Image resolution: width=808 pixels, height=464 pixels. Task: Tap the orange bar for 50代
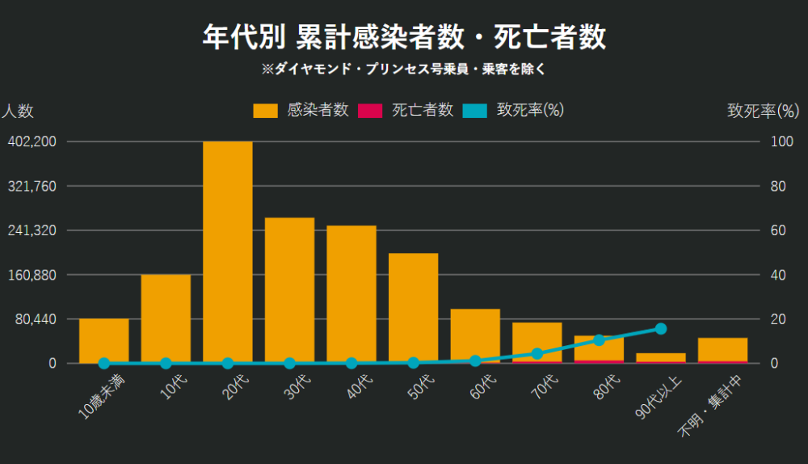(413, 307)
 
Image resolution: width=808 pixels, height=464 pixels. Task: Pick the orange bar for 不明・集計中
(722, 349)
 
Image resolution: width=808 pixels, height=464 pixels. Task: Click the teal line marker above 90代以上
(661, 328)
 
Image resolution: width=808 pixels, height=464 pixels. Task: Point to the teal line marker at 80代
(599, 340)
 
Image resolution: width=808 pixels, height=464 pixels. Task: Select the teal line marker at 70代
(537, 353)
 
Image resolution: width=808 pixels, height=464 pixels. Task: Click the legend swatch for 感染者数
(265, 111)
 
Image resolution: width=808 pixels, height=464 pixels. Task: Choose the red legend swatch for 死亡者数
(370, 111)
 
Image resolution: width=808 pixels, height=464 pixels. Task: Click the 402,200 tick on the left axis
(32, 141)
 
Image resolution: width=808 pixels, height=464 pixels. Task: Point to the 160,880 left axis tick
(32, 275)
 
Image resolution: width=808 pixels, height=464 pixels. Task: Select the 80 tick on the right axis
(776, 186)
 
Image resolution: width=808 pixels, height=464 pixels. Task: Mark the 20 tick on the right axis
(776, 319)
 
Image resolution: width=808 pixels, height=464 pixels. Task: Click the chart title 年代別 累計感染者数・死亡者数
(404, 37)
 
